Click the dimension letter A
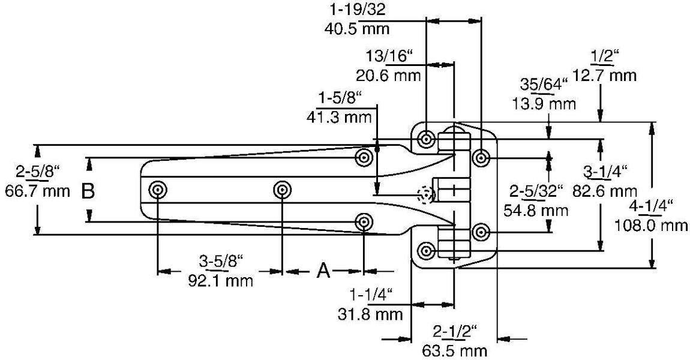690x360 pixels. [x=323, y=271]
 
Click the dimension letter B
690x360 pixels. [x=88, y=191]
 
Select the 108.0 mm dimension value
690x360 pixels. [x=650, y=226]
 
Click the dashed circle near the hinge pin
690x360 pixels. [x=426, y=195]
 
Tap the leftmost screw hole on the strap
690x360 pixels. [x=158, y=190]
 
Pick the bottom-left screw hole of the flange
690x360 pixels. [x=426, y=250]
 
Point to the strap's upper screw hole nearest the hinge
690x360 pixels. [x=364, y=158]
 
